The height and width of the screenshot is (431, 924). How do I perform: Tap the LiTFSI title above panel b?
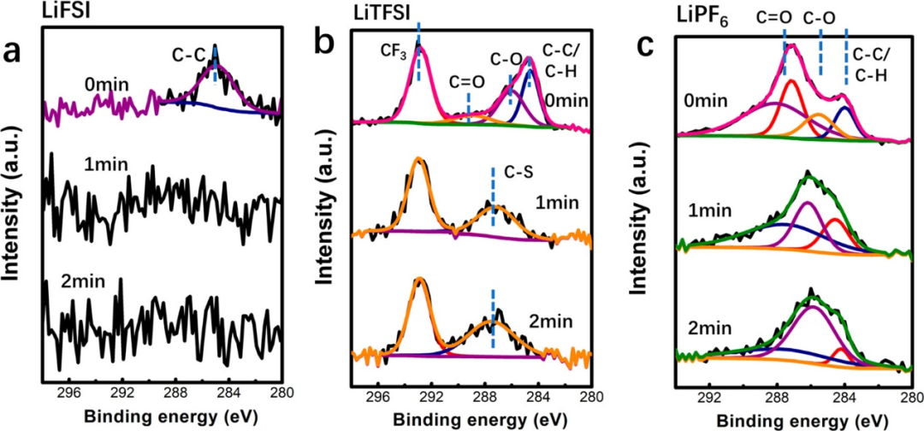[x=382, y=13]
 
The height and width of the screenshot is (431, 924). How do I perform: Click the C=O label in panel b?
[x=465, y=81]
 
